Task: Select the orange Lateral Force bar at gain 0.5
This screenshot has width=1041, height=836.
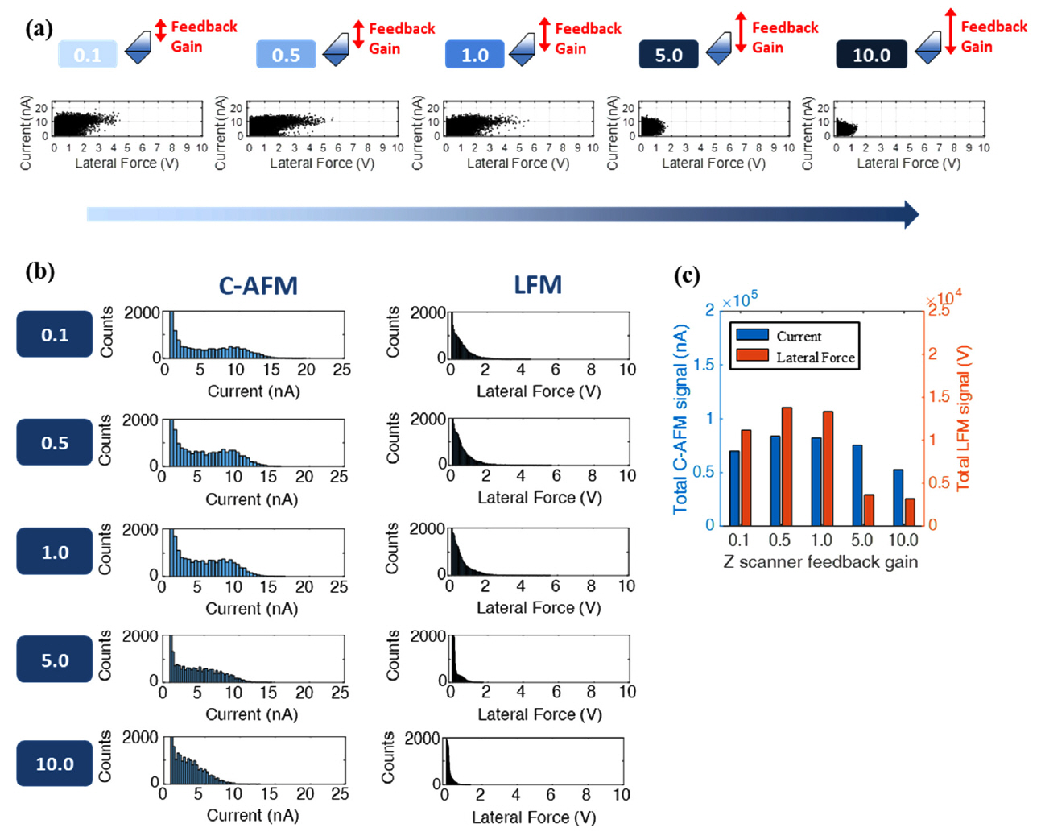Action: coord(787,466)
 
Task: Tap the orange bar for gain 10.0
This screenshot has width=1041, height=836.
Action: coord(910,511)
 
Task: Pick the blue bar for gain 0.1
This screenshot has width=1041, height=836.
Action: coord(733,488)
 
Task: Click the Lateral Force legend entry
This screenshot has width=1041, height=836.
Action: coord(815,357)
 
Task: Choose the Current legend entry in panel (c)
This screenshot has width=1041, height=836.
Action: coord(798,336)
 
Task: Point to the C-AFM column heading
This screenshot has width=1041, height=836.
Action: coord(258,286)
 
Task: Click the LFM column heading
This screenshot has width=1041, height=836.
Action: coord(538,285)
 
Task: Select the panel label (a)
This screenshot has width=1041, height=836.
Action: coord(39,29)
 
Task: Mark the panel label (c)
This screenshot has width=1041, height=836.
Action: coord(687,275)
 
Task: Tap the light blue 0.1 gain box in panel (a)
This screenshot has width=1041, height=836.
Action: coord(87,55)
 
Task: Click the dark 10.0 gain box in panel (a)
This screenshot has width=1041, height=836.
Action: coord(871,55)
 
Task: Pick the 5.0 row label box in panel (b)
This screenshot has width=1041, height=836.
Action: coord(55,660)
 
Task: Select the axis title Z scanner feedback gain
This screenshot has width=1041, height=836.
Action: coord(820,561)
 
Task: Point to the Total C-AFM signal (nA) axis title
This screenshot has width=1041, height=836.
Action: coord(680,419)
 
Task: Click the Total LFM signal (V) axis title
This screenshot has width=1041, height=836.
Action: coord(963,417)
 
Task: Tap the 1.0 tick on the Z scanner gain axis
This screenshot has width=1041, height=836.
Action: coord(821,540)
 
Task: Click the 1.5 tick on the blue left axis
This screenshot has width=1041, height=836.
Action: coord(704,364)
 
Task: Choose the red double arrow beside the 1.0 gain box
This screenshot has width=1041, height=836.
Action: coord(545,35)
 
